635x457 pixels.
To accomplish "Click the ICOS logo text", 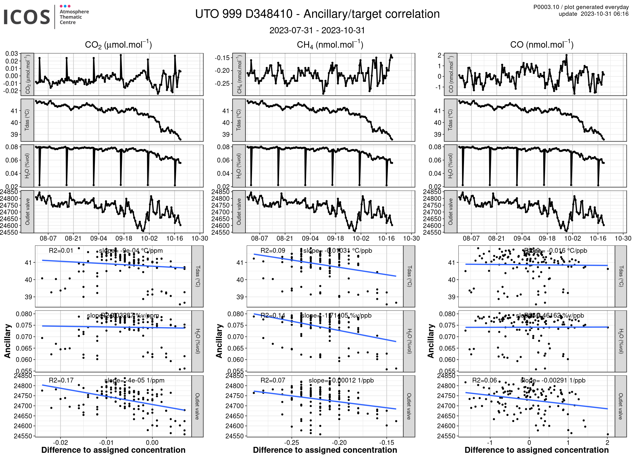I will point(27,17).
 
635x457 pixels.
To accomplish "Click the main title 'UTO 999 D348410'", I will point(244,14).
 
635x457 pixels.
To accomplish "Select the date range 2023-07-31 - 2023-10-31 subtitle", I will point(317,30).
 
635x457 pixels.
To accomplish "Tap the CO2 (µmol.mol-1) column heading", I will point(118,45).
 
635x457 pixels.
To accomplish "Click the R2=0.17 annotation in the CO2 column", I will point(61,380).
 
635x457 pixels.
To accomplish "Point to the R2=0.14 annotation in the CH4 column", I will point(273,315).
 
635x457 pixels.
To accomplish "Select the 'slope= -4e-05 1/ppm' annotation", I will point(134,380).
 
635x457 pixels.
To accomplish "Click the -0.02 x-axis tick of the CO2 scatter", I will point(60,442).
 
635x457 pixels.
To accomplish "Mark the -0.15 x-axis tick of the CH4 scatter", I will point(387,442).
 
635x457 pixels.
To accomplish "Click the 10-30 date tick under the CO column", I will point(623,238).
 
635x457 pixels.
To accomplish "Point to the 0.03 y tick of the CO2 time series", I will point(12,54).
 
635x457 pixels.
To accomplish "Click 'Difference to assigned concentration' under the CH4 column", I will point(325,450).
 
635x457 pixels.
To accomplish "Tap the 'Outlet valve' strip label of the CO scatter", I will point(621,406).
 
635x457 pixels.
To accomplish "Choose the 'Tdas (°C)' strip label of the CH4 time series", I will point(239,120).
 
